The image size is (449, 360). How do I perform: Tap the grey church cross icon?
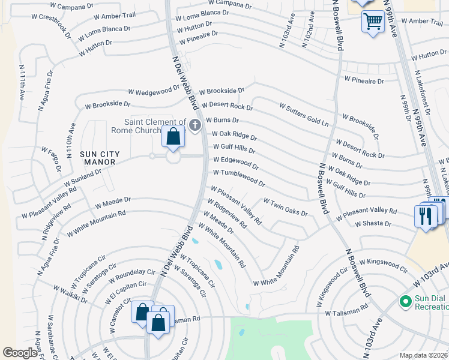click(194, 125)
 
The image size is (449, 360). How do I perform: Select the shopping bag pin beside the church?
click(173, 137)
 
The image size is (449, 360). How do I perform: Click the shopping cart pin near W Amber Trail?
click(373, 22)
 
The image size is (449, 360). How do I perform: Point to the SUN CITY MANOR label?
click(100, 158)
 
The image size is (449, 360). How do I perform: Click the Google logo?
click(20, 352)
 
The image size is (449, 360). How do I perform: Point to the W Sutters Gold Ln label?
click(304, 115)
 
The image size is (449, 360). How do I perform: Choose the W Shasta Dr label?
click(373, 224)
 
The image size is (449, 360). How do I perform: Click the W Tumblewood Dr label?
click(239, 177)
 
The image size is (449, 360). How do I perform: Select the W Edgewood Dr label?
click(236, 163)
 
